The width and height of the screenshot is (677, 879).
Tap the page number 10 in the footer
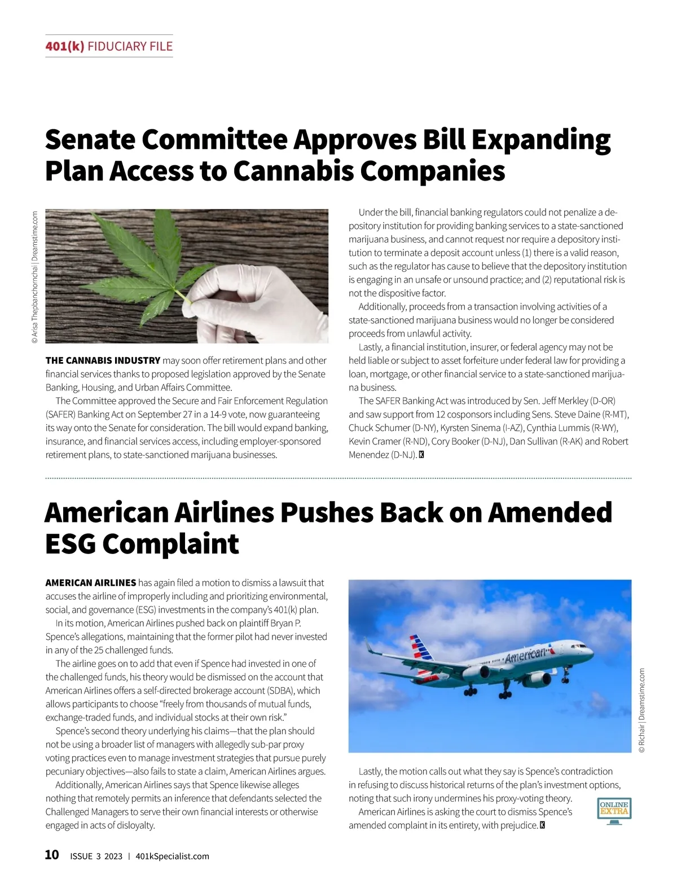pyautogui.click(x=51, y=855)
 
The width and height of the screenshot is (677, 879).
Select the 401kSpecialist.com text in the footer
pyautogui.click(x=172, y=856)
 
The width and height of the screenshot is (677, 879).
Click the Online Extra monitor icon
pyautogui.click(x=614, y=811)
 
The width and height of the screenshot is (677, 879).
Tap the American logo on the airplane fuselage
pyautogui.click(x=526, y=655)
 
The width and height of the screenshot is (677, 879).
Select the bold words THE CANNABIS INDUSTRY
pyautogui.click(x=103, y=361)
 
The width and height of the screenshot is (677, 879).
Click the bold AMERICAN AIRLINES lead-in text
pyautogui.click(x=90, y=583)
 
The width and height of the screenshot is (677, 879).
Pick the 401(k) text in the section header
pyautogui.click(x=65, y=46)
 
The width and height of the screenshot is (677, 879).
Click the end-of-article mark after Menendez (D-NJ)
pyautogui.click(x=421, y=455)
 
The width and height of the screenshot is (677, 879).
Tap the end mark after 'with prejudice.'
pyautogui.click(x=543, y=825)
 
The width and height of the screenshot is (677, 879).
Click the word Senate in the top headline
pyautogui.click(x=90, y=139)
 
